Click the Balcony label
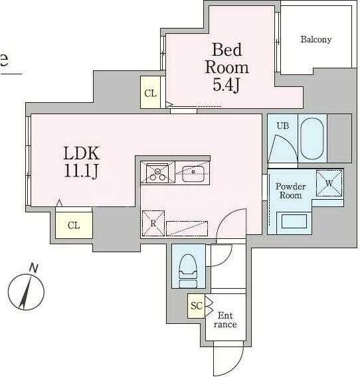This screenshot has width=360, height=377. [x=316, y=39]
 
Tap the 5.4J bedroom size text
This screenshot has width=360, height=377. [x=226, y=85]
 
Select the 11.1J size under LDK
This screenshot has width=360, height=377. [x=81, y=171]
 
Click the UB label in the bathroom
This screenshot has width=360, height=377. [x=283, y=125]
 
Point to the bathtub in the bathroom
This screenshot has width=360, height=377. [x=312, y=139]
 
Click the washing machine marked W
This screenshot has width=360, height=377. [x=329, y=183]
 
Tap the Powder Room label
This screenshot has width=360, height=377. [x=290, y=191]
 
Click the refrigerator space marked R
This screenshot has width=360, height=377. [x=153, y=224]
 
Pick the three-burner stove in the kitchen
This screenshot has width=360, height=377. [x=158, y=173]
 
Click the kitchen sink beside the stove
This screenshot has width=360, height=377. [x=193, y=173]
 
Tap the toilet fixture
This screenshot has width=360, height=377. [x=188, y=271]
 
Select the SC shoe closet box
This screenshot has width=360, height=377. [x=197, y=306]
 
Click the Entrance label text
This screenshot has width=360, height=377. [x=225, y=320]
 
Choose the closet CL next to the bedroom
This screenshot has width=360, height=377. [x=150, y=92]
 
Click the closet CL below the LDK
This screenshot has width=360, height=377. [x=74, y=225]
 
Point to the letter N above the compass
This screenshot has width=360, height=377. [x=34, y=267]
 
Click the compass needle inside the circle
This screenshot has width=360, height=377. [x=26, y=293]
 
